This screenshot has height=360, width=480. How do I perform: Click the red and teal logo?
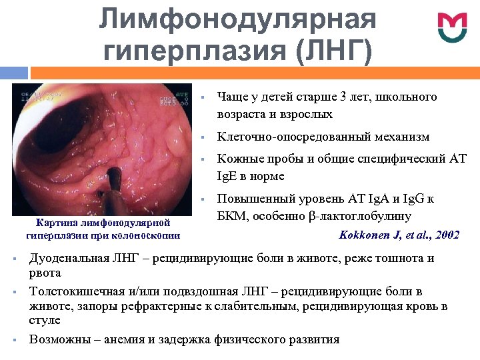point(453,26)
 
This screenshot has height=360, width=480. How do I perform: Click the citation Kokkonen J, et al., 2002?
point(399,235)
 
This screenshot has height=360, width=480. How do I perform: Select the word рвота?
point(45,273)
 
